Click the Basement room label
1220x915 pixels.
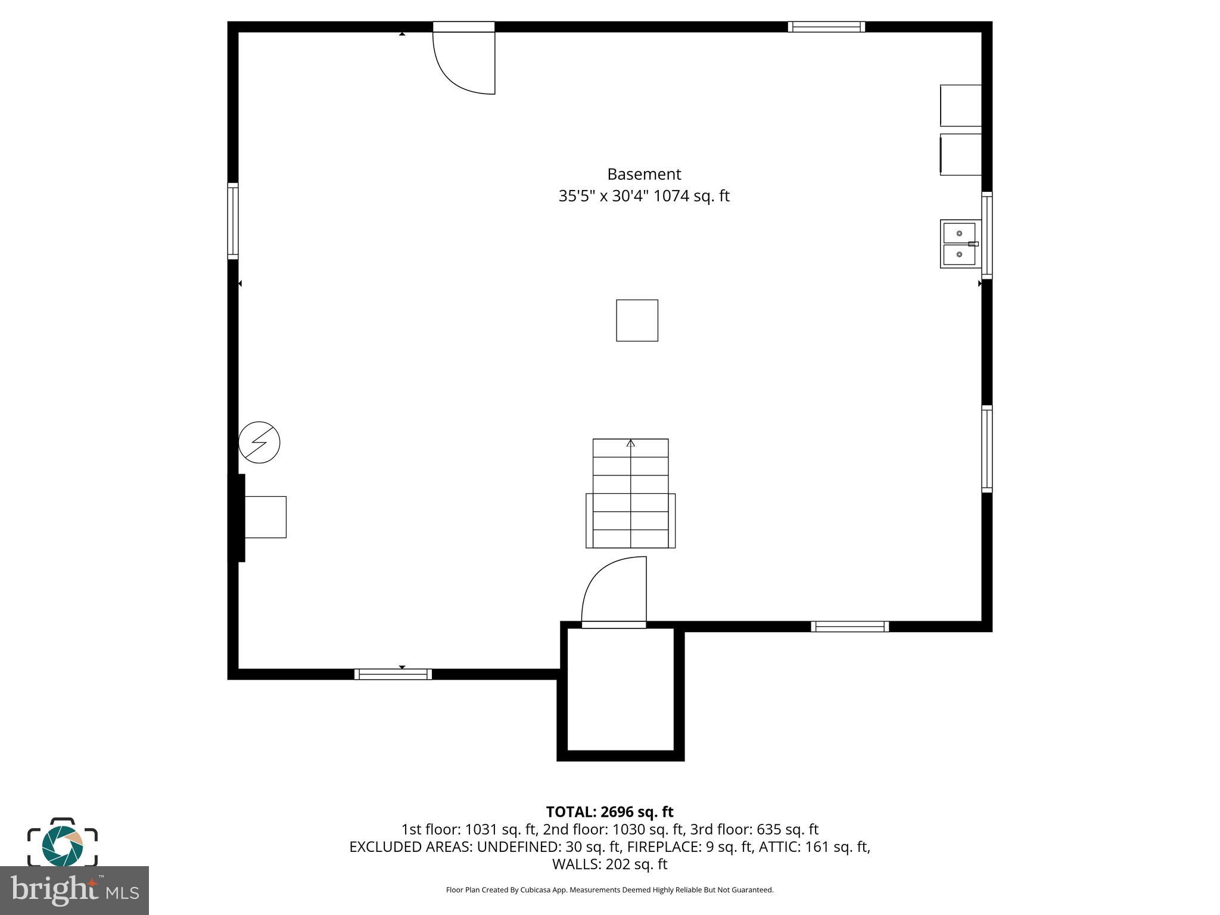(x=643, y=175)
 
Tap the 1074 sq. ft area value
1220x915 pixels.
(x=691, y=196)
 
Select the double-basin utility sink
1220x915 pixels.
(x=960, y=244)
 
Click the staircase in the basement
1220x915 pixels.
(x=630, y=493)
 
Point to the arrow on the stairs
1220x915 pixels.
(x=631, y=443)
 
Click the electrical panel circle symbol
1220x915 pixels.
(x=259, y=443)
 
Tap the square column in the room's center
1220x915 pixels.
(x=637, y=320)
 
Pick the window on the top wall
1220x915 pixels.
(x=826, y=27)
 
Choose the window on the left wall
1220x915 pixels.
(x=233, y=221)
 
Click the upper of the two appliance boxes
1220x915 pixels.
(x=960, y=105)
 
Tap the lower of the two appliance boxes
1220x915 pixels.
(x=960, y=154)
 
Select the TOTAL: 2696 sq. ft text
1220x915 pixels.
(x=609, y=812)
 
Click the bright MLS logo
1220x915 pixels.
(x=74, y=891)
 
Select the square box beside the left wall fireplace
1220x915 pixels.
(x=266, y=517)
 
